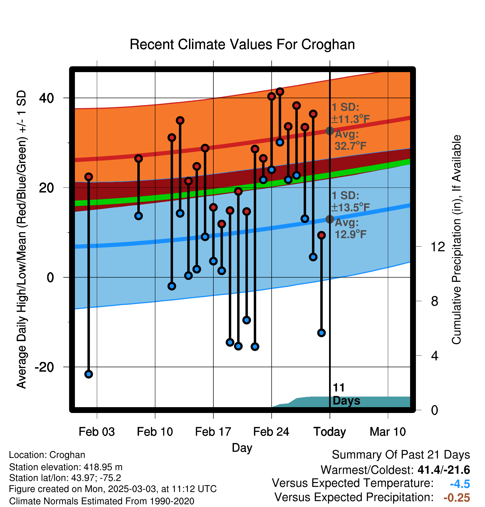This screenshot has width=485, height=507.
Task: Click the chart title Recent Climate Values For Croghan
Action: tap(242, 44)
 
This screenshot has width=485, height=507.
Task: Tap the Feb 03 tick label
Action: tap(97, 432)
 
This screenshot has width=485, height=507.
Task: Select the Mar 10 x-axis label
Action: tap(388, 432)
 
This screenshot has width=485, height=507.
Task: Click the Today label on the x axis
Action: tap(330, 432)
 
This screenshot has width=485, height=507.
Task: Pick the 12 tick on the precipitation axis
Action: tap(438, 247)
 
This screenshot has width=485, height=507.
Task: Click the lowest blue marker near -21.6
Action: tap(89, 374)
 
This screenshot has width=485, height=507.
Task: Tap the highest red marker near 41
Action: tap(280, 92)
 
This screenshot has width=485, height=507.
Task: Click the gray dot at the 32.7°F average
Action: tap(330, 131)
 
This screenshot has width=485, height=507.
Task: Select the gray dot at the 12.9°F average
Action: tap(330, 219)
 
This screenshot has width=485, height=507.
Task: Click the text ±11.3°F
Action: tap(351, 119)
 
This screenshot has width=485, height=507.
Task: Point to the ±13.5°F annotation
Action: tap(351, 207)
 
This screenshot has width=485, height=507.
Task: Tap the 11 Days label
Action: tap(346, 394)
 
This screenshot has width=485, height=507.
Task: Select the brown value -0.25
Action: tap(457, 498)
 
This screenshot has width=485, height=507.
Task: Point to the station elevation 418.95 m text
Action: tap(66, 467)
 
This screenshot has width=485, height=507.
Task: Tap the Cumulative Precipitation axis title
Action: tap(456, 240)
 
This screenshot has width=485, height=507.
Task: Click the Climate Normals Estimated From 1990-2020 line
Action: tap(102, 501)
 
